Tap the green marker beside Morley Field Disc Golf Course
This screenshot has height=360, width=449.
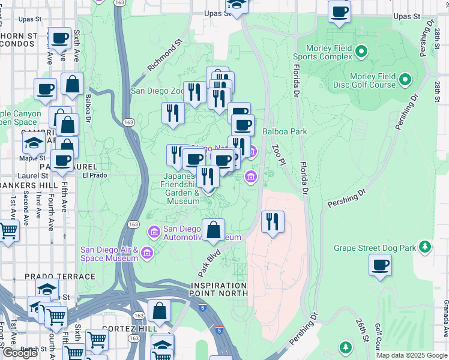tap(405, 79)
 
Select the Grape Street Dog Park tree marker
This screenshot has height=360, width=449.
tap(425, 247)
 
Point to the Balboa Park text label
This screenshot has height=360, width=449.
tap(285, 131)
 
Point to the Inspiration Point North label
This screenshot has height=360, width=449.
tap(219, 289)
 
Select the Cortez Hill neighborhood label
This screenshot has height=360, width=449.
tap(130, 329)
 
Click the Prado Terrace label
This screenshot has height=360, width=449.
tap(60, 277)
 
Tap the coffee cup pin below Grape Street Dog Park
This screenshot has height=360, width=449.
tap(379, 265)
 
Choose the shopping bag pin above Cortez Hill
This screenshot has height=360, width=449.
tap(160, 311)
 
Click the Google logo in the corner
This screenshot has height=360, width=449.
tap(19, 353)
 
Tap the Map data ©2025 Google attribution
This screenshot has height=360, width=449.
tap(412, 355)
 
